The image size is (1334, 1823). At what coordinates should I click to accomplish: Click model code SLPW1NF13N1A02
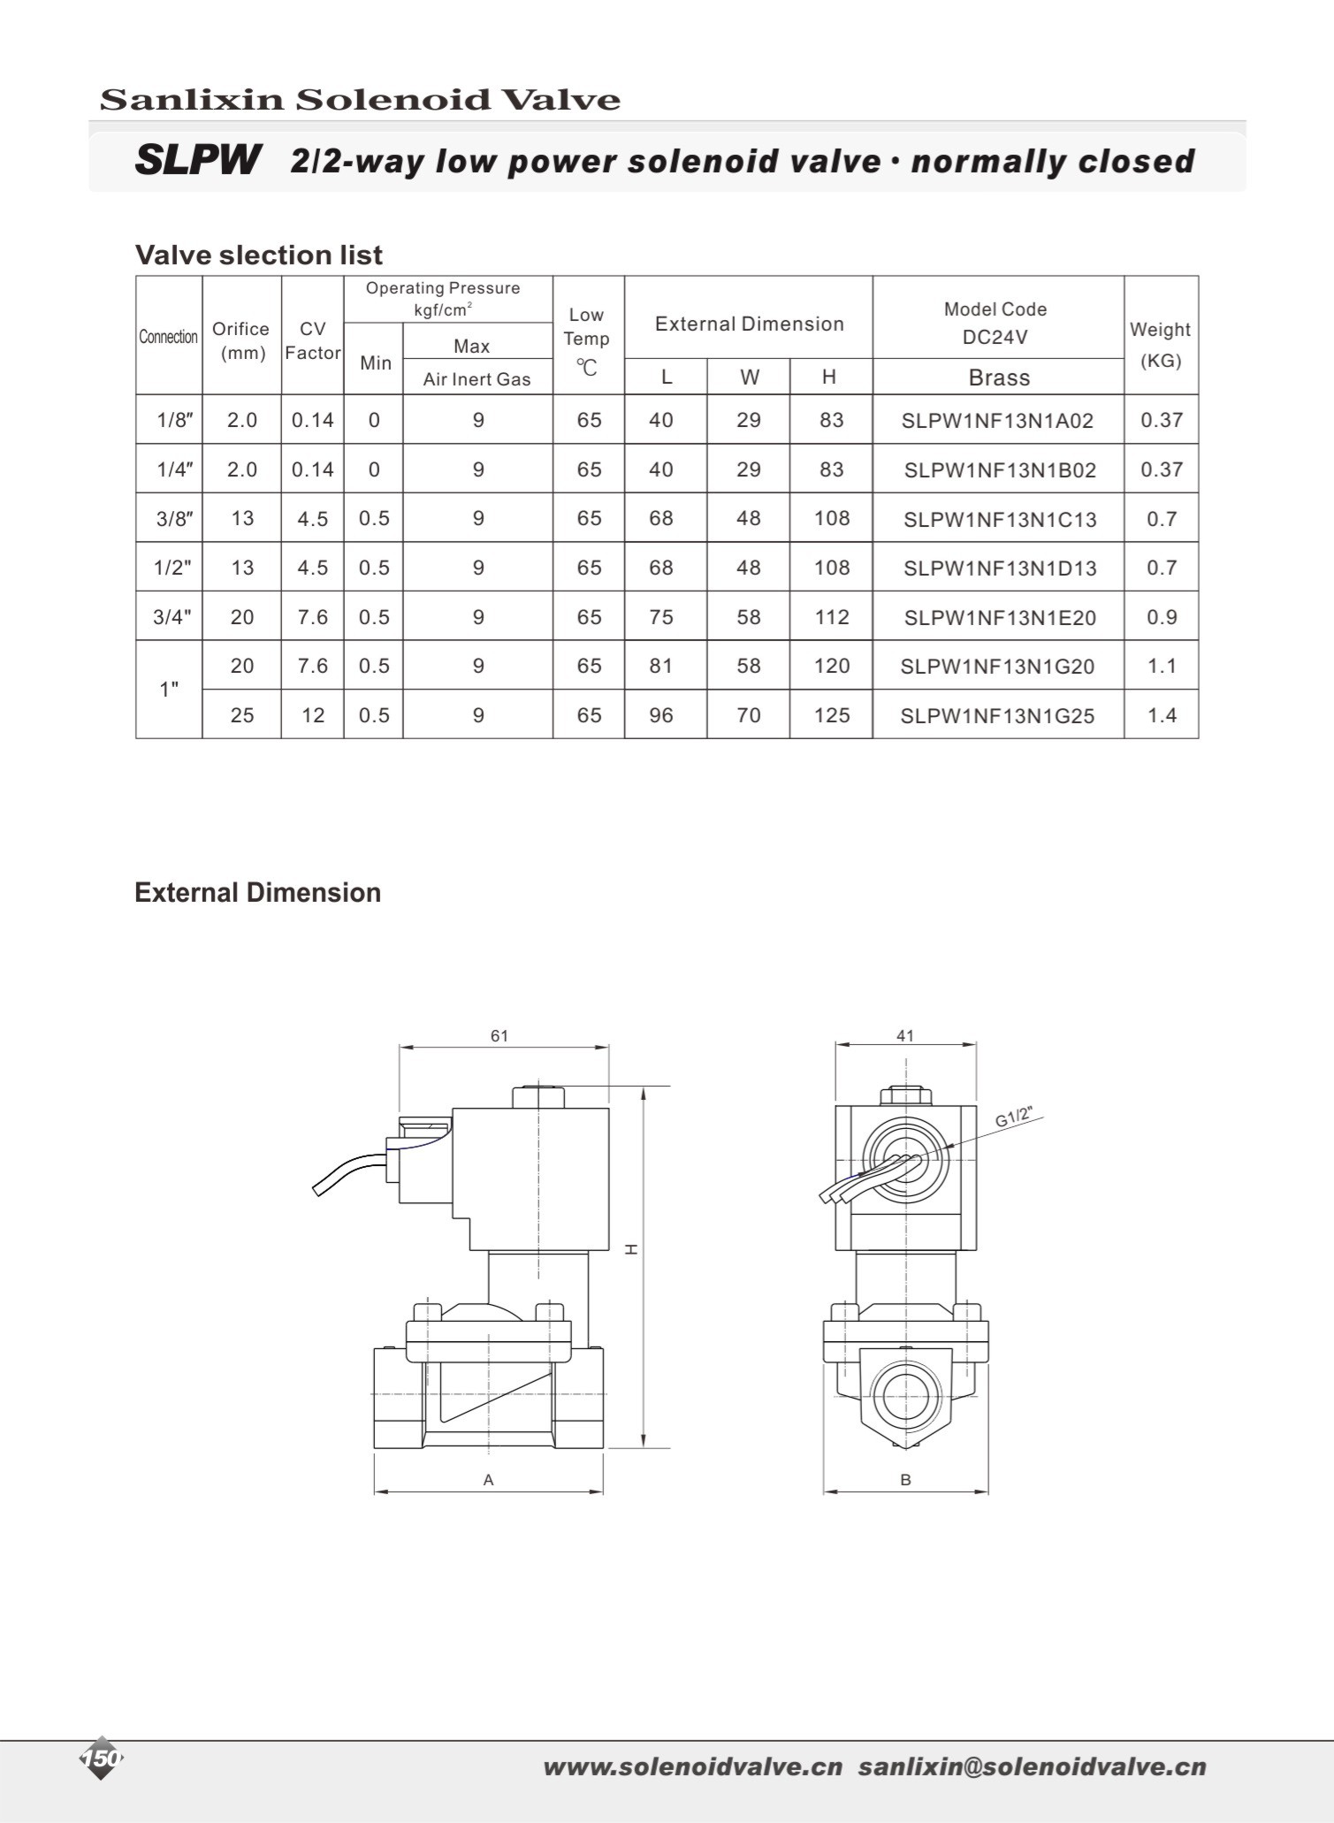[997, 421]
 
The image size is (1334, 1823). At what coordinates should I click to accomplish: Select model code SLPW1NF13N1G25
[997, 715]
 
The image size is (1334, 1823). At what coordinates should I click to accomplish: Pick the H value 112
[831, 616]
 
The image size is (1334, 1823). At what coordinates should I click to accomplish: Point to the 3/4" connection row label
[172, 616]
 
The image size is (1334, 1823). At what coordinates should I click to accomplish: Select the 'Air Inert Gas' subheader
[476, 379]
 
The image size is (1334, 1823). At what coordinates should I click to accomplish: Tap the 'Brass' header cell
[999, 378]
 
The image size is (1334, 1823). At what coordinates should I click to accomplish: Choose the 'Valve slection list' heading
[258, 255]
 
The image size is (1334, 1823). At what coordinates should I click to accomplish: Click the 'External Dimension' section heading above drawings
[257, 892]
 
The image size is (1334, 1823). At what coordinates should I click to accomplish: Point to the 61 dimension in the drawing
[499, 1035]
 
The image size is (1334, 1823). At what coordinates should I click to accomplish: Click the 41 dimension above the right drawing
[904, 1035]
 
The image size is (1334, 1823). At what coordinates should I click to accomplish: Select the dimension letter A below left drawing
[488, 1479]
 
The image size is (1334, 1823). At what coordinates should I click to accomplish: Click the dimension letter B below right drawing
[905, 1479]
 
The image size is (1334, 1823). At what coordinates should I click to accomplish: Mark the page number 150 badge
[102, 1758]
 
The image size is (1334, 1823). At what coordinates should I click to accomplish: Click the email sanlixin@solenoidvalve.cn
[1032, 1766]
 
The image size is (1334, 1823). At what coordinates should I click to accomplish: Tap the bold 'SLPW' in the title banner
[198, 160]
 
